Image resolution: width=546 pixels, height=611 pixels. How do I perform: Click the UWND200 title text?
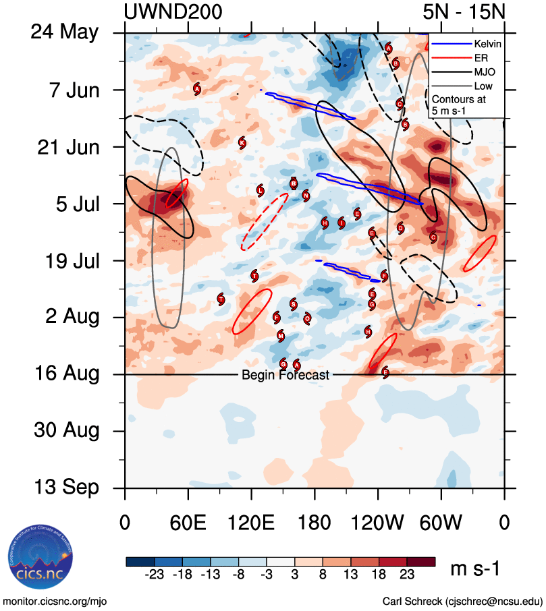pos(173,11)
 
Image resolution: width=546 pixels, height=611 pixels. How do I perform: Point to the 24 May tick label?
pos(64,32)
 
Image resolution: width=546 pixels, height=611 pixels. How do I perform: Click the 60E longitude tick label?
pos(188,523)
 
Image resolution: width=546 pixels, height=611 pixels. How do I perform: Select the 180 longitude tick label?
pos(315,523)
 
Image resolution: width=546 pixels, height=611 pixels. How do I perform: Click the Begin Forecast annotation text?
pos(285,375)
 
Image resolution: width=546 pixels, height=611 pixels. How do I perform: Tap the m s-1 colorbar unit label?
pos(474,569)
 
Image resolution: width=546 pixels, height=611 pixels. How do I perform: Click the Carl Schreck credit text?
pos(462,601)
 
